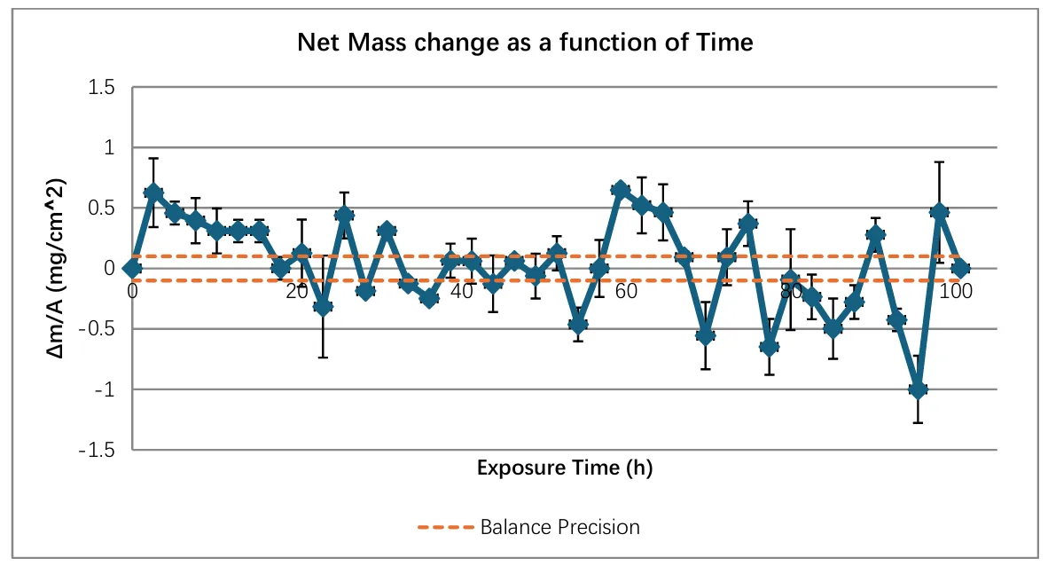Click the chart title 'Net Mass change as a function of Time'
[x=525, y=42]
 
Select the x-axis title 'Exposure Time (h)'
[x=565, y=468]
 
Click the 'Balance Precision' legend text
[x=559, y=527]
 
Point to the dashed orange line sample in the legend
[x=445, y=527]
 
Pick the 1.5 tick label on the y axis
[x=103, y=87]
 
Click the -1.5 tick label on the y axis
[x=98, y=450]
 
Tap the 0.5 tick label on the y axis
[x=103, y=208]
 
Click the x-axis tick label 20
[x=297, y=290]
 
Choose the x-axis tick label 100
[x=958, y=290]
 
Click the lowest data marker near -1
[x=919, y=389]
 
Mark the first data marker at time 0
[x=132, y=268]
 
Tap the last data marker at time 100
[x=960, y=268]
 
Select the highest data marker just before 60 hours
[x=620, y=190]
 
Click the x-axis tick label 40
[x=462, y=290]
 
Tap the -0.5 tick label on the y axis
[x=98, y=329]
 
